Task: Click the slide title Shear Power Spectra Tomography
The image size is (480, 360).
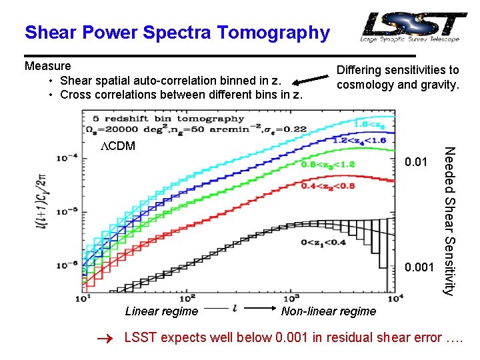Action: pyautogui.click(x=177, y=32)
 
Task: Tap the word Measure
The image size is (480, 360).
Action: pyautogui.click(x=47, y=66)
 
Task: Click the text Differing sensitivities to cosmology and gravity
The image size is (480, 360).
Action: pyautogui.click(x=397, y=77)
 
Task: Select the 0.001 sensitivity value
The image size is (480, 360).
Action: pyautogui.click(x=419, y=267)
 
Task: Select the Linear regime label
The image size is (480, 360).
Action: pyautogui.click(x=161, y=311)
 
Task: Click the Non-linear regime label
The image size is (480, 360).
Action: pyautogui.click(x=329, y=311)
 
